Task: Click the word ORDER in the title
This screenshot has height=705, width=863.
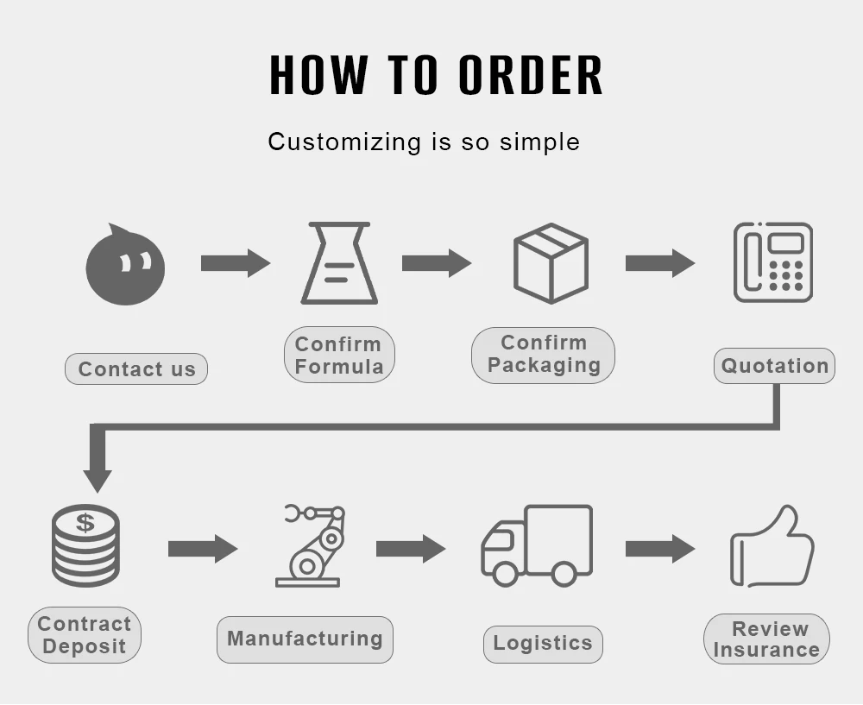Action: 530,75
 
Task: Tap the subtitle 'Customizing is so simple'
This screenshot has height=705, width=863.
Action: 424,142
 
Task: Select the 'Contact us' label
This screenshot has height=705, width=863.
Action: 136,369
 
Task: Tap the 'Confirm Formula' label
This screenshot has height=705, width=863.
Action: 339,355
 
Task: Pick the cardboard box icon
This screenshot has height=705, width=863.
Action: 551,263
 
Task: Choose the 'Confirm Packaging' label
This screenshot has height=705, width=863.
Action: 544,355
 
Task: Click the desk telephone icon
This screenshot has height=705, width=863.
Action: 773,262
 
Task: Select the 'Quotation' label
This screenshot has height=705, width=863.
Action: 774,366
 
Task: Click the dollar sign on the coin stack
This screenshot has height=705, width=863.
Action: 85,522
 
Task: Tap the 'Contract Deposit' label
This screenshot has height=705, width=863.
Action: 85,635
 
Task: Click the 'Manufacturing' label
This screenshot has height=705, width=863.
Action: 305,639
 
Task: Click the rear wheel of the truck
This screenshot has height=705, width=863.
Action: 564,574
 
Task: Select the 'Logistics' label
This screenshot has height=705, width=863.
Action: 543,644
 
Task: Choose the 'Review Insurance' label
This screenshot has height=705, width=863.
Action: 766,639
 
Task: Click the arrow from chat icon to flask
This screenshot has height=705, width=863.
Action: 235,262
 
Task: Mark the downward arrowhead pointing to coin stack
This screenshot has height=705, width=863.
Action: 98,480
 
